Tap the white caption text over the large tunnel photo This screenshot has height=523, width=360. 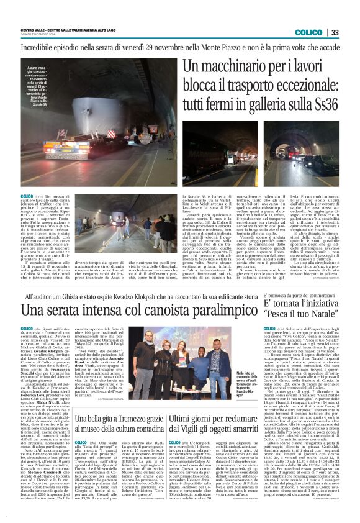38,84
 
